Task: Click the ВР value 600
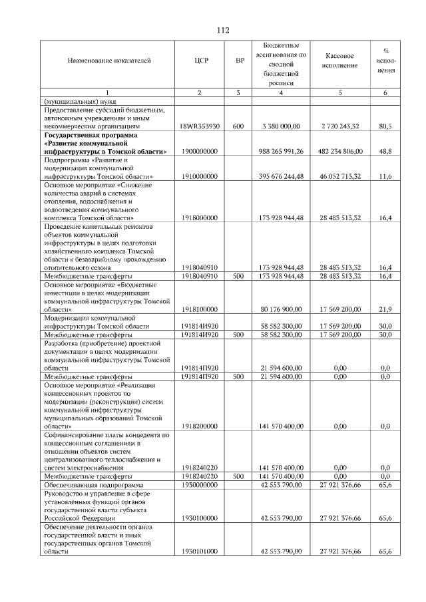click(x=239, y=125)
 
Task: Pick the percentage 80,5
click(x=384, y=125)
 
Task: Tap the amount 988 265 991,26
click(x=280, y=151)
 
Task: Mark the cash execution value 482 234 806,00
click(x=339, y=151)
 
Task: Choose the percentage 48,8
click(x=384, y=151)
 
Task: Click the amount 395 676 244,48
click(x=280, y=176)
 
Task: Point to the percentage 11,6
click(x=384, y=176)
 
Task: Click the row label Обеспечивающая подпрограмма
click(x=89, y=485)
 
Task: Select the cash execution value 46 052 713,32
click(x=340, y=176)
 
